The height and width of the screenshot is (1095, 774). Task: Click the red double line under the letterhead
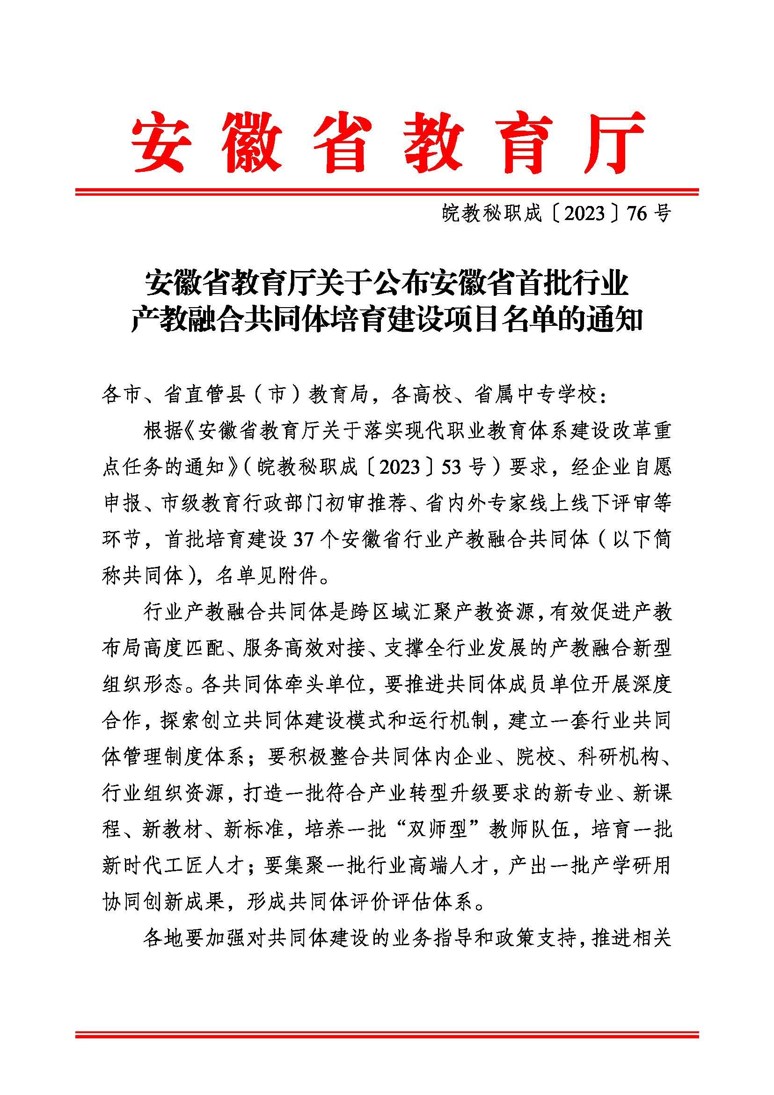coord(387,192)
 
